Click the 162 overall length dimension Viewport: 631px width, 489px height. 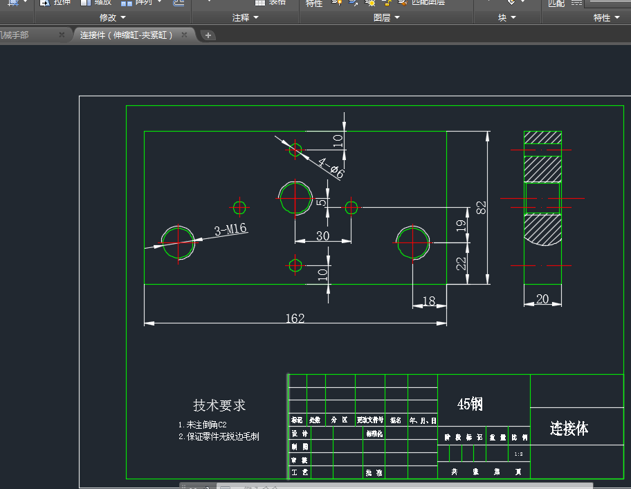point(295,318)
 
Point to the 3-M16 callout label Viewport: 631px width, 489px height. point(230,230)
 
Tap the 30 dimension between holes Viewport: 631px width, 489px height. point(322,236)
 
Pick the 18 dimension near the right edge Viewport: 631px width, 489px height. point(429,301)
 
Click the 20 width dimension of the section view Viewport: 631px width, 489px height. point(542,299)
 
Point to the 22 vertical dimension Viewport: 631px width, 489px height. point(461,263)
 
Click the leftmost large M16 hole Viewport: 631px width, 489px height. point(178,242)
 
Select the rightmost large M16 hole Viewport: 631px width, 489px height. point(413,242)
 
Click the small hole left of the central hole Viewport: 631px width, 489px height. point(240,207)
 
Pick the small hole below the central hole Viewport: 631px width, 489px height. point(295,265)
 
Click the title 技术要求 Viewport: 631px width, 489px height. point(219,406)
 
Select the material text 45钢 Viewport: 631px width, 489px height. point(470,404)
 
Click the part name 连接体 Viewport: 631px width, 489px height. point(569,429)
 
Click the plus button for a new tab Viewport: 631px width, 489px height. point(208,35)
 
